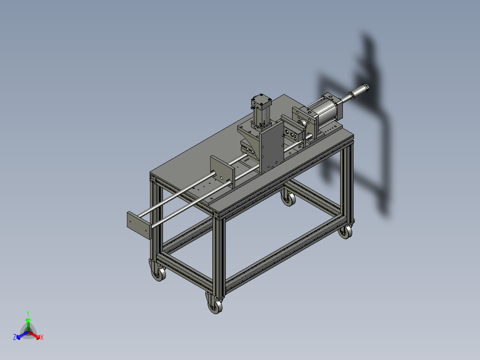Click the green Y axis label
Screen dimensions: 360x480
click(x=28, y=313)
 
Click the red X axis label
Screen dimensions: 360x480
click(x=42, y=338)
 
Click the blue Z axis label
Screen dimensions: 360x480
click(x=14, y=338)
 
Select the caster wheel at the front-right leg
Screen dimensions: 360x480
click(x=216, y=307)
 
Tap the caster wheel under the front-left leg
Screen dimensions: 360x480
click(x=157, y=272)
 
